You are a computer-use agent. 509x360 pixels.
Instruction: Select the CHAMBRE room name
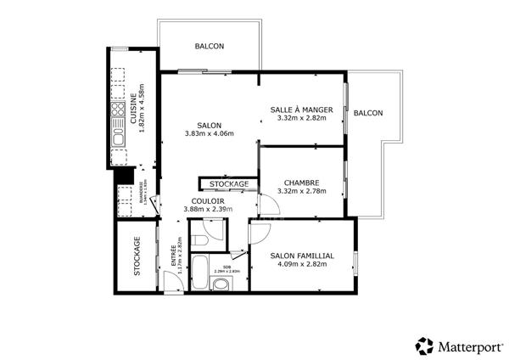pyautogui.click(x=301, y=182)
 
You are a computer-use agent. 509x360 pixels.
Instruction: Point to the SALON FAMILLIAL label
pyautogui.click(x=302, y=256)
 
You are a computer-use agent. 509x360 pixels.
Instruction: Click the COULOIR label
pyautogui.click(x=208, y=201)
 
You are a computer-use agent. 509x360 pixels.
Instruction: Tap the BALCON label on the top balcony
pyautogui.click(x=210, y=47)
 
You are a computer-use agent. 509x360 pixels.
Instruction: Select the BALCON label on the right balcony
pyautogui.click(x=368, y=113)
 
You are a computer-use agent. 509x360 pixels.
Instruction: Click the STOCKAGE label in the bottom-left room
pyautogui.click(x=137, y=256)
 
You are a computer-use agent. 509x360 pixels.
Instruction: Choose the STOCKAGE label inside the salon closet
pyautogui.click(x=229, y=184)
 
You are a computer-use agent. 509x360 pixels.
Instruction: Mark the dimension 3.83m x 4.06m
pyautogui.click(x=209, y=133)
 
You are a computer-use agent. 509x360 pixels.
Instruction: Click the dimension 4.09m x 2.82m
pyautogui.click(x=302, y=264)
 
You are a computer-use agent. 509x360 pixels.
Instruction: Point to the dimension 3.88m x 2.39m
pyautogui.click(x=208, y=210)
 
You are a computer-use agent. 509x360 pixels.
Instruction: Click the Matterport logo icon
pyautogui.click(x=424, y=346)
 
